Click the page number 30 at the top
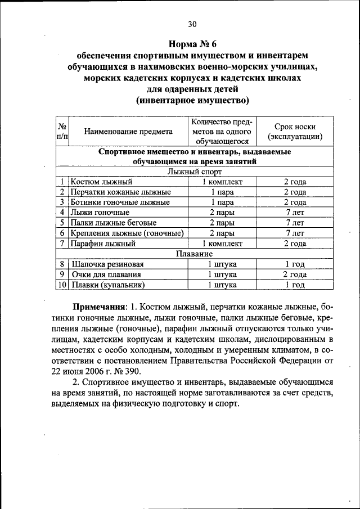point(192,24)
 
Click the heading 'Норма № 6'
point(192,44)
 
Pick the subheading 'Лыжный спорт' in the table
point(195,172)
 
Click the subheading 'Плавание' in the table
point(195,254)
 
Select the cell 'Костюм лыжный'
point(101,182)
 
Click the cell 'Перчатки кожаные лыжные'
point(120,192)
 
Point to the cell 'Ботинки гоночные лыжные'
point(120,202)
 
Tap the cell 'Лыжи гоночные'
point(100,212)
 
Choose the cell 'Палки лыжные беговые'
point(113,223)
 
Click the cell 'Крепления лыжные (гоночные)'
point(128,233)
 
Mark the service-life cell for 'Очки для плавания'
point(294,274)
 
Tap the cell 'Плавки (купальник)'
point(109,285)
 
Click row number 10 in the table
point(62,285)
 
